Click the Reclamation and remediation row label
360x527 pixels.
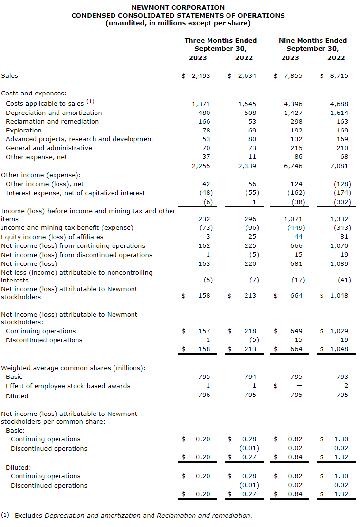tap(52, 122)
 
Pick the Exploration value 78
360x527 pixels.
tap(206, 131)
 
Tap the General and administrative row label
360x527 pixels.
tap(49, 148)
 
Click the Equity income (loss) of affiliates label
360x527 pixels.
tap(52, 237)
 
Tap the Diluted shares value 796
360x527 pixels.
tap(204, 395)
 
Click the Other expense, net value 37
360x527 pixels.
tap(206, 157)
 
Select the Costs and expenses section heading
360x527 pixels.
tap(34, 94)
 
